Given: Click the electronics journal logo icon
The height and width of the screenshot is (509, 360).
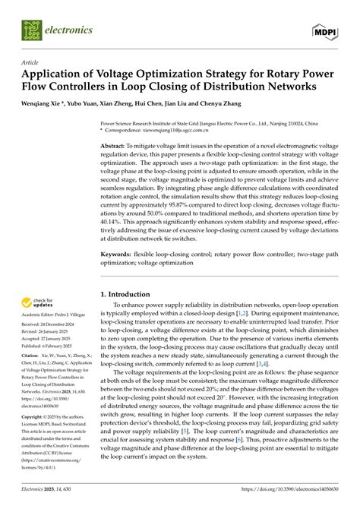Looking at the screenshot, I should point(32,30).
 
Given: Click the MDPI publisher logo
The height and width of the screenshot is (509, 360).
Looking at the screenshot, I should point(327,31).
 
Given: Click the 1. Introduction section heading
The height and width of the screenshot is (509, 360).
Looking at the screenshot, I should point(131,292).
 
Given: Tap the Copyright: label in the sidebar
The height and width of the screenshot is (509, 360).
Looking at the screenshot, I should point(33,417).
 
